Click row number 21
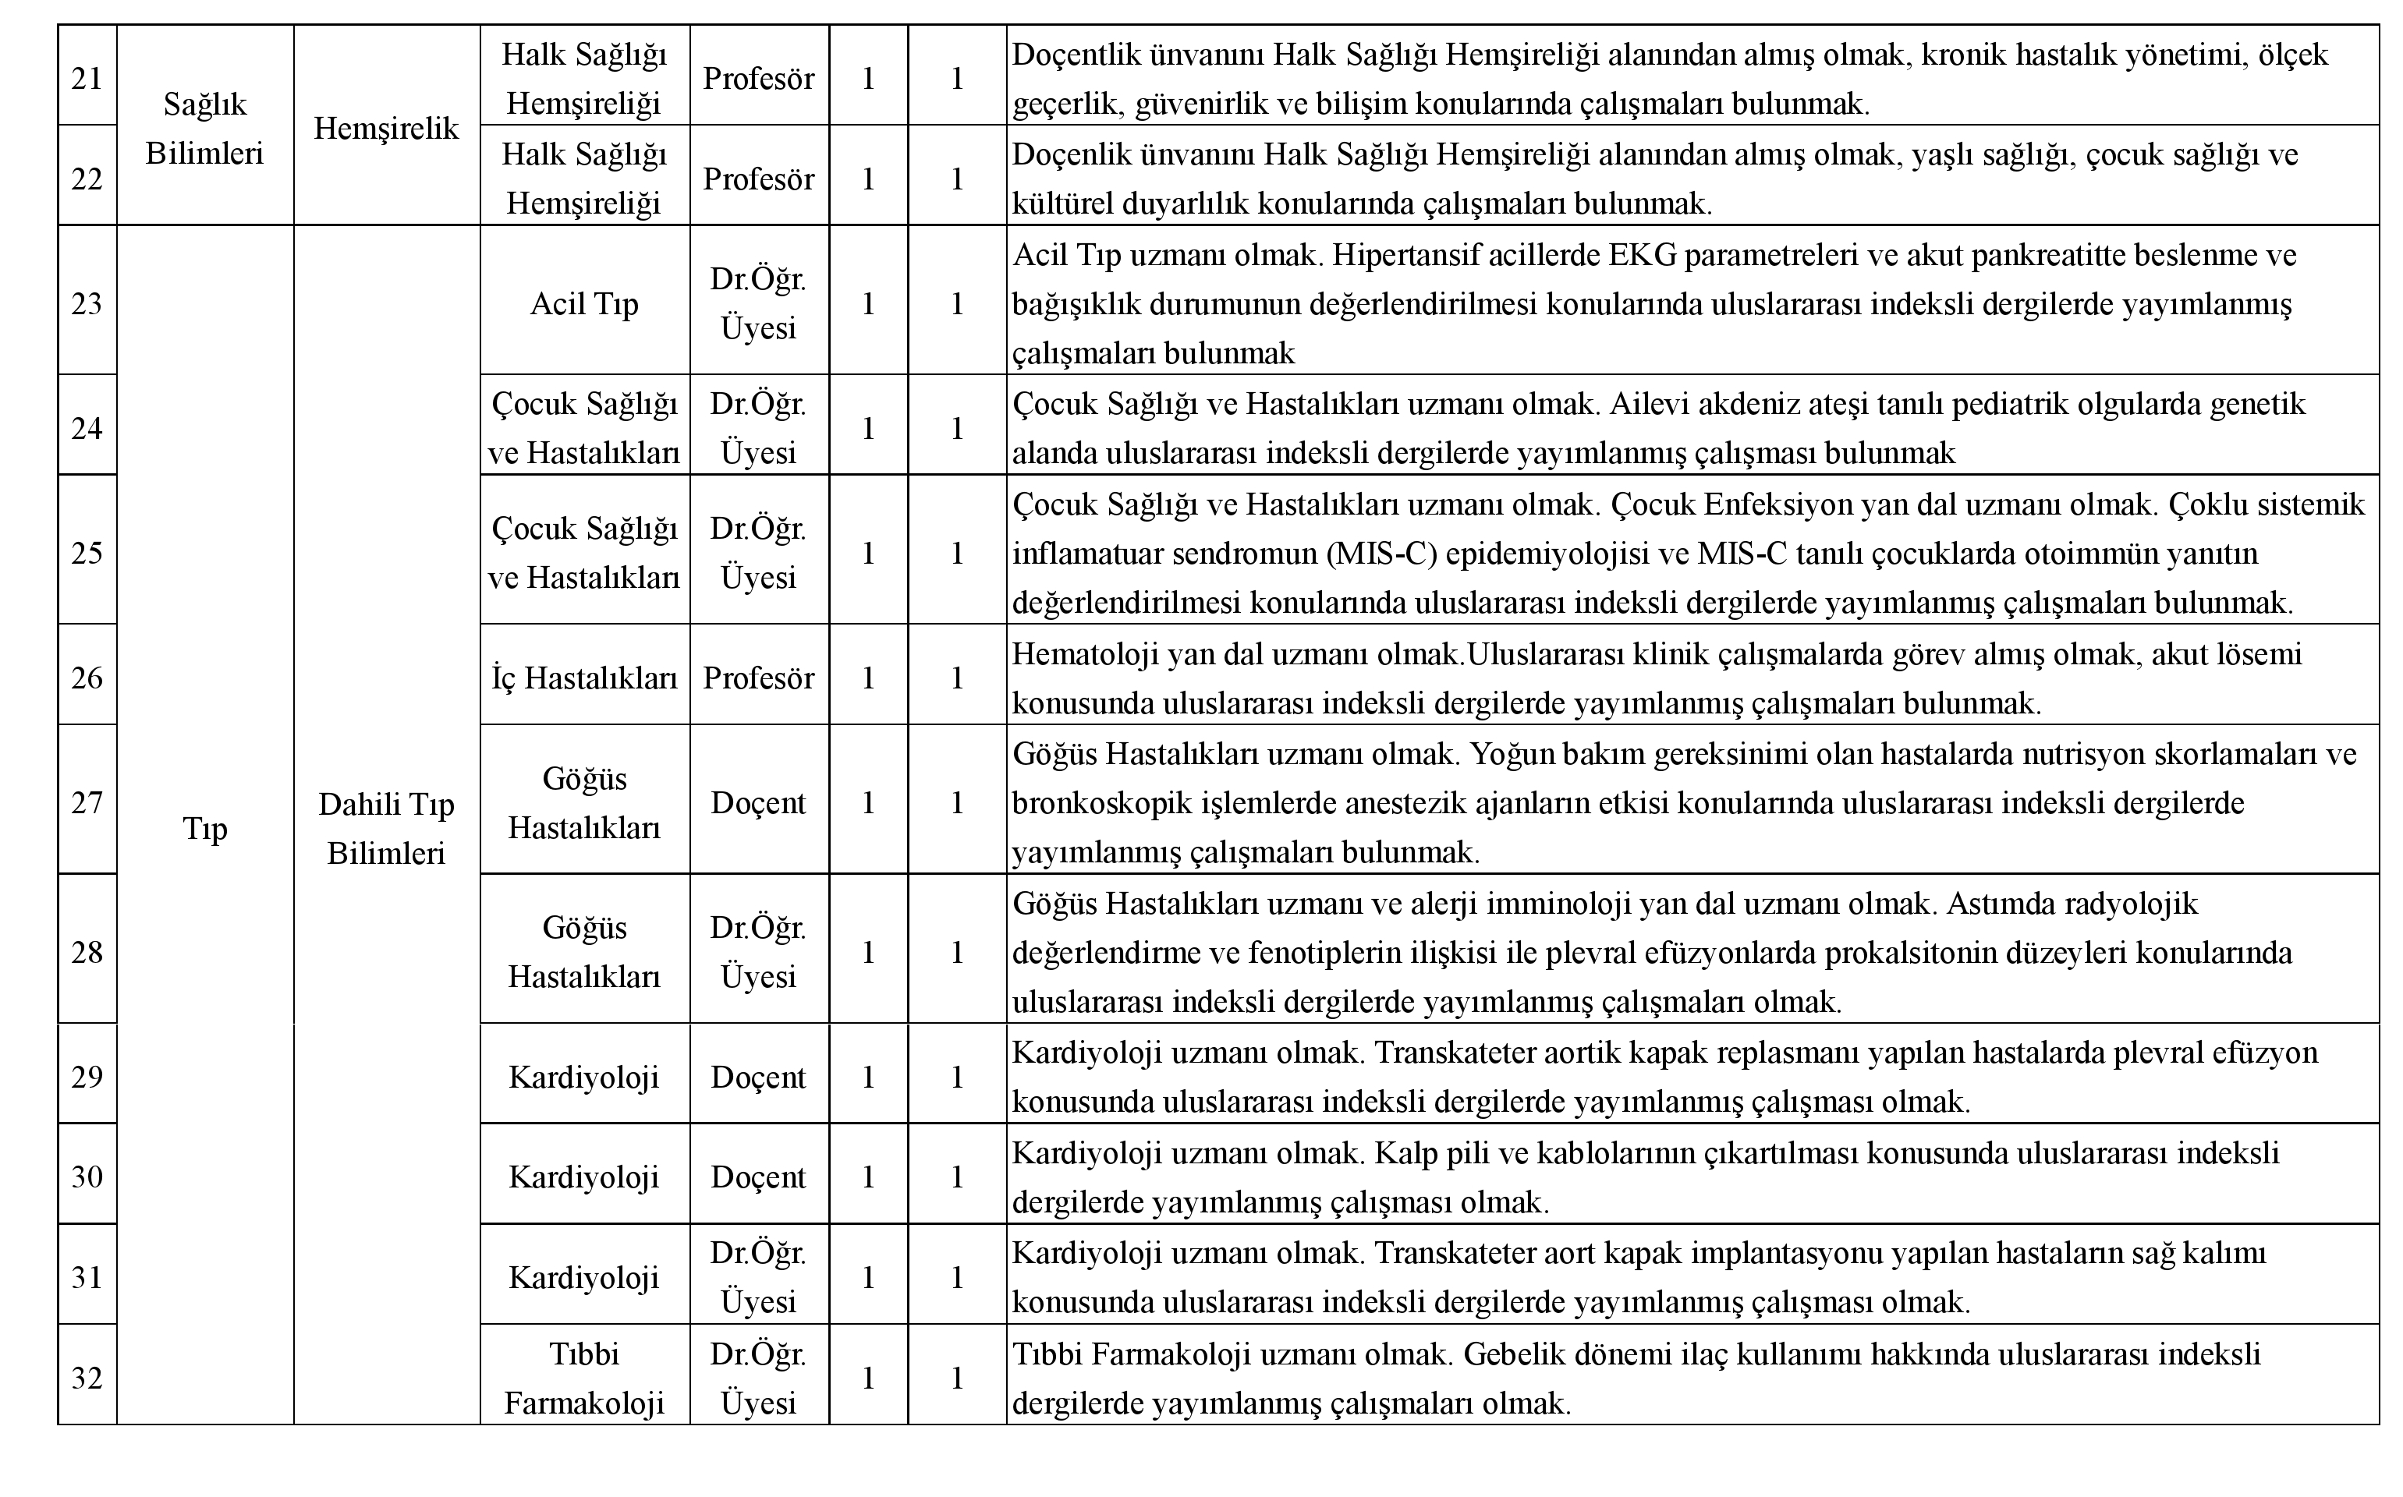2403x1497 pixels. point(87,78)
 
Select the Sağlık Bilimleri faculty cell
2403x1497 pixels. point(205,129)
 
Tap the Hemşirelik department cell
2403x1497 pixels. point(386,129)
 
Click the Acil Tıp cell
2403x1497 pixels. point(584,303)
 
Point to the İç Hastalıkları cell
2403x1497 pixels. point(584,678)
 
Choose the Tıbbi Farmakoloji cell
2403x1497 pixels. point(584,1378)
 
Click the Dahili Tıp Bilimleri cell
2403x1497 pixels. point(386,829)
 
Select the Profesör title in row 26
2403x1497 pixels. point(758,678)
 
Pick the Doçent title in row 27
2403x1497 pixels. point(758,803)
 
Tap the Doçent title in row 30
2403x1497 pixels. point(758,1177)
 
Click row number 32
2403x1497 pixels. point(87,1378)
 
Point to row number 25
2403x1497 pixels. point(87,553)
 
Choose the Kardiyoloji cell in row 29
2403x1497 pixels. point(584,1078)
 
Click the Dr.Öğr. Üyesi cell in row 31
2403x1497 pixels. point(758,1277)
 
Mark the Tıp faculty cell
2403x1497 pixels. point(205,829)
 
